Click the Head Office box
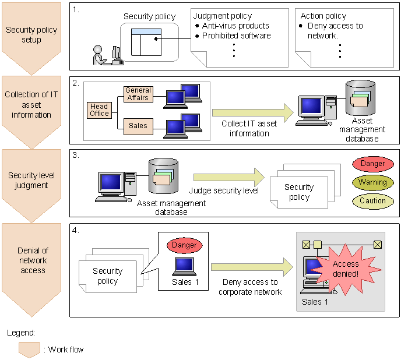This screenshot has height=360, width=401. [x=99, y=110]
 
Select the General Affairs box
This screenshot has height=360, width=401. [x=138, y=94]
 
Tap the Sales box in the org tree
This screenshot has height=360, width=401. [x=138, y=125]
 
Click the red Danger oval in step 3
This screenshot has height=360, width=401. [x=372, y=164]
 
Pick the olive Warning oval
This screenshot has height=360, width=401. [x=372, y=182]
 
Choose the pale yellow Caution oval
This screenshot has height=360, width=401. [x=372, y=201]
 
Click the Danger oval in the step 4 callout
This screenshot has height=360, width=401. [x=184, y=245]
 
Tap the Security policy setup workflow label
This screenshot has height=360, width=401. [x=31, y=34]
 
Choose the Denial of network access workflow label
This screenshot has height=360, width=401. [x=31, y=260]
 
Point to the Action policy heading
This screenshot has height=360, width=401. [x=323, y=16]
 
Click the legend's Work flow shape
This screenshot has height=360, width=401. [x=29, y=350]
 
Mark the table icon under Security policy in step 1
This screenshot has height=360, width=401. [x=146, y=42]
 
